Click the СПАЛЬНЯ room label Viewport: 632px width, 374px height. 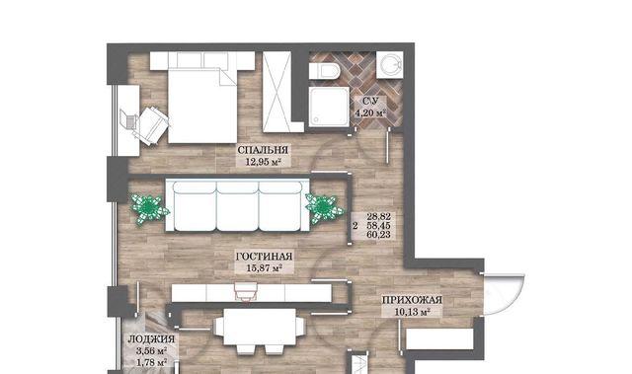click(x=263, y=150)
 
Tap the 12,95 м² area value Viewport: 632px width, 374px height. click(x=263, y=162)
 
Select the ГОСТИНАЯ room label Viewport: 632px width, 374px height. click(x=264, y=257)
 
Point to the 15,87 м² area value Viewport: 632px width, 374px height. click(x=264, y=268)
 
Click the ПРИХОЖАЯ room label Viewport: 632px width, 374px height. click(x=412, y=300)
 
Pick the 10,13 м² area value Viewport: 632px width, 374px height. click(x=412, y=312)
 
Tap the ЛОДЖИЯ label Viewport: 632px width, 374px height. click(x=151, y=339)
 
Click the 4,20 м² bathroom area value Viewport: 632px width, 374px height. click(x=370, y=113)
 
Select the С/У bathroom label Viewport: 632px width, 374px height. click(x=369, y=101)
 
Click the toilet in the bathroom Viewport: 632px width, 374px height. click(x=325, y=71)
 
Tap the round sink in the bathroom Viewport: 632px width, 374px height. click(x=390, y=64)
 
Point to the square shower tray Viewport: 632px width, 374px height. click(x=329, y=107)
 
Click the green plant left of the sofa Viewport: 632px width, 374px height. click(x=149, y=208)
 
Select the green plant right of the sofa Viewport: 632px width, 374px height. click(x=324, y=208)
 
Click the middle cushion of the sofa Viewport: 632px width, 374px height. click(x=238, y=206)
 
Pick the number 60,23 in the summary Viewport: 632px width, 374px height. click(x=378, y=235)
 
